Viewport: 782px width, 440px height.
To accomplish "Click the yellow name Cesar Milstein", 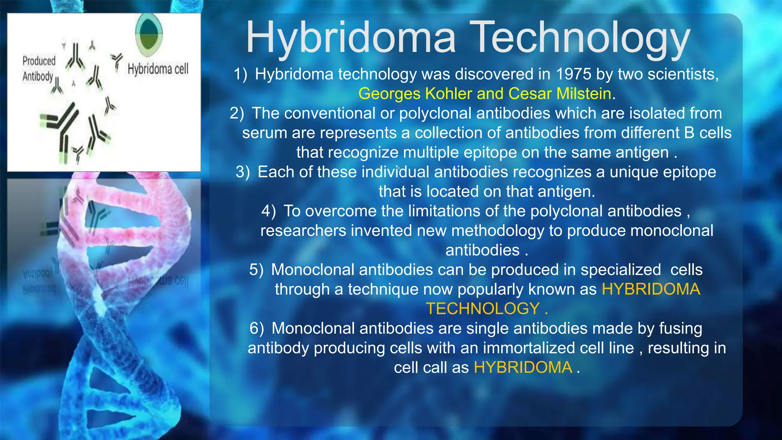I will (x=560, y=94).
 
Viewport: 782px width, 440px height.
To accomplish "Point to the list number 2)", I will (x=237, y=113).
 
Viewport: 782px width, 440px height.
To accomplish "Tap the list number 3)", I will (x=243, y=172).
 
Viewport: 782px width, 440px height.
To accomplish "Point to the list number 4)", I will (x=268, y=211).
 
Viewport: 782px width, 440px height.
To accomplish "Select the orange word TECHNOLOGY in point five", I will (x=483, y=309).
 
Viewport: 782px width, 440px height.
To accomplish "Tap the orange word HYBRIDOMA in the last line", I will (x=523, y=367).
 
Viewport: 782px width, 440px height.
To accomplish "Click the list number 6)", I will (x=257, y=328).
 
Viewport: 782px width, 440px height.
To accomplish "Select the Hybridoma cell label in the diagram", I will (x=158, y=69).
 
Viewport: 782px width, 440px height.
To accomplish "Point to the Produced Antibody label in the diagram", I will (x=38, y=68).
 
